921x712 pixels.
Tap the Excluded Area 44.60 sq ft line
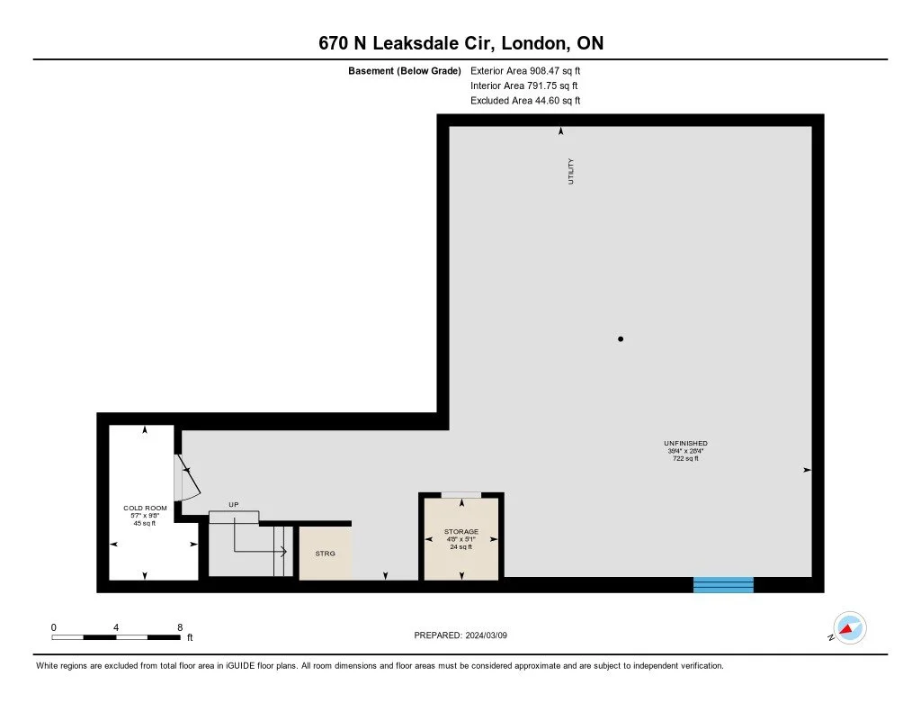[525, 101]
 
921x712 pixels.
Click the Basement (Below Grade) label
[405, 70]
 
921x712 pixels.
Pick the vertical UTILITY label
[570, 171]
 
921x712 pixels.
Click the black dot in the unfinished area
[621, 339]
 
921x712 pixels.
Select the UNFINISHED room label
[685, 444]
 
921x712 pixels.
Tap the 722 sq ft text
[685, 459]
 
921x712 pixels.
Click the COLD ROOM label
[145, 509]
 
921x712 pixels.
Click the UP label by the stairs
[233, 505]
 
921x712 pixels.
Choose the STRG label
[325, 554]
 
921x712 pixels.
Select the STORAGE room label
[460, 532]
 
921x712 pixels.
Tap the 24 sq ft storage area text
[460, 547]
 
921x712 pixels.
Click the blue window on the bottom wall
[723, 584]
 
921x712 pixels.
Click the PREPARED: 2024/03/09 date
[461, 635]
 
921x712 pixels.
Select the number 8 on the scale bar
[180, 627]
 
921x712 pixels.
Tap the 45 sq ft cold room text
[145, 523]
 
